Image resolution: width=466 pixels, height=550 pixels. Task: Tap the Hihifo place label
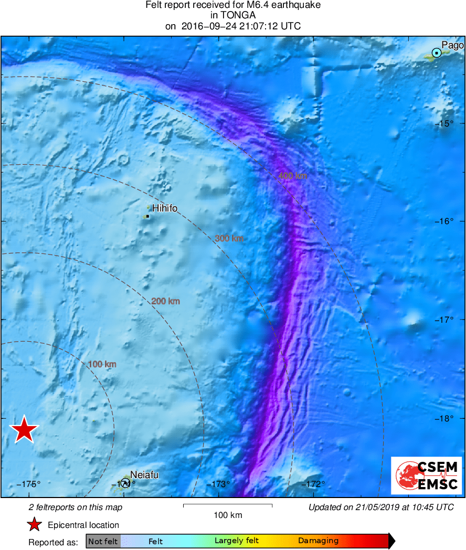point(165,208)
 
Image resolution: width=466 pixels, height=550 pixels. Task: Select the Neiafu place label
point(144,475)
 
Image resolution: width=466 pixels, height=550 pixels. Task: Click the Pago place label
point(452,45)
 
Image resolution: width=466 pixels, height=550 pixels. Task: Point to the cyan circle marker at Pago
point(437,52)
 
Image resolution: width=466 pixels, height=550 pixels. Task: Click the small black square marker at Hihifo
point(147,216)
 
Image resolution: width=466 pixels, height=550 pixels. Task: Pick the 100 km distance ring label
point(102,364)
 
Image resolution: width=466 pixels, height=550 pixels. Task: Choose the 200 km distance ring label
point(166,301)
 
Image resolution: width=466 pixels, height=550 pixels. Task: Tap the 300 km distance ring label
point(229,238)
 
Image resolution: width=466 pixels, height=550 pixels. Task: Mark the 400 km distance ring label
point(293,176)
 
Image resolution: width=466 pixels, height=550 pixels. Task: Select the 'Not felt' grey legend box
point(103,541)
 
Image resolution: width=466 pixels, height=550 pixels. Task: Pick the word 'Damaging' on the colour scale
point(318,541)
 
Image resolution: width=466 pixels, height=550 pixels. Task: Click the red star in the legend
point(35,524)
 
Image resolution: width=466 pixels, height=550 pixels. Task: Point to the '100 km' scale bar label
point(228,515)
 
